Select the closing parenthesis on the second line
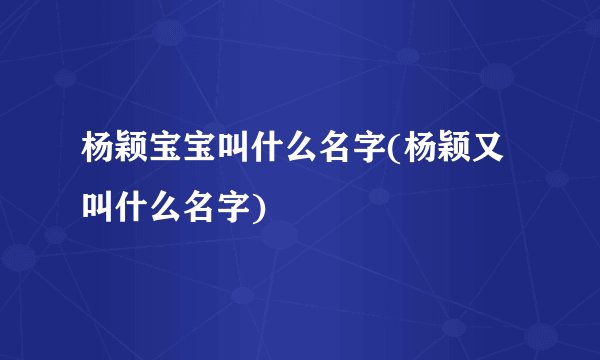point(262,207)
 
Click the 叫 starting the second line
point(98,206)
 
